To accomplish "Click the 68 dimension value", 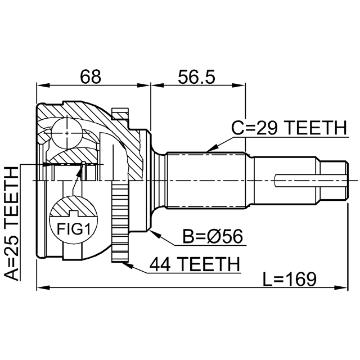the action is (90, 76).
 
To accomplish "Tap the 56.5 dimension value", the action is (196, 76).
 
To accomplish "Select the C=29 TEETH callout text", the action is (289, 128).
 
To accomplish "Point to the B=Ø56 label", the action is (213, 236).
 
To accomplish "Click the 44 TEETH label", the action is (195, 264).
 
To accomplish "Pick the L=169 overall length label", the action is (289, 279).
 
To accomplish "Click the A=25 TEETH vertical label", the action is (11, 224).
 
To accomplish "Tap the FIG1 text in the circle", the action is (74, 229).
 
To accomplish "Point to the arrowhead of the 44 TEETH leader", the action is (128, 265).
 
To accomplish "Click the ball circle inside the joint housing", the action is (67, 133).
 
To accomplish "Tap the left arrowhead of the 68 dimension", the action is (43, 85).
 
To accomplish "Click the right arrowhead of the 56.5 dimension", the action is (239, 85).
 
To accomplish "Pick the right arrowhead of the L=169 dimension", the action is (341, 287).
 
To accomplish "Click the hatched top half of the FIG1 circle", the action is (74, 206).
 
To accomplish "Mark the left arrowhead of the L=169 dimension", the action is (43, 287).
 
